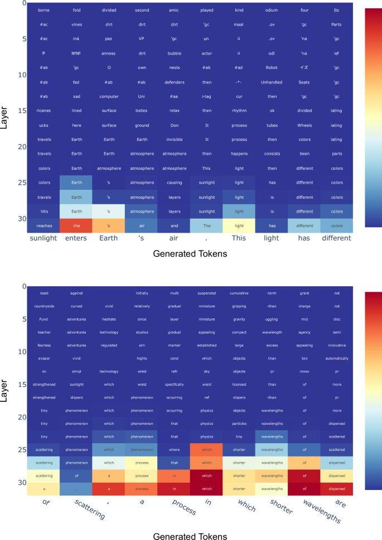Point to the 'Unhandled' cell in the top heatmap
point(272,82)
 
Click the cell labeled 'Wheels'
point(304,125)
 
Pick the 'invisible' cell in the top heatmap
point(174,139)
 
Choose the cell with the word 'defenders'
point(174,82)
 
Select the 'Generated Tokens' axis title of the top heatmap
point(190,254)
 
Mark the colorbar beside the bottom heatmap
point(373,390)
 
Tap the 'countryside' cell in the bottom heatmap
point(43,306)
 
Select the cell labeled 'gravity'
point(239,320)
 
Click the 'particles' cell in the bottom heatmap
point(239,423)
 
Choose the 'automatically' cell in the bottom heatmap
point(337,358)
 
